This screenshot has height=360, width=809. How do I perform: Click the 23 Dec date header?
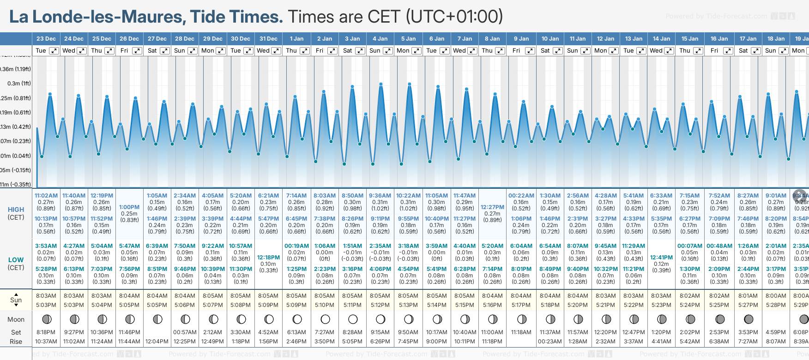(46, 39)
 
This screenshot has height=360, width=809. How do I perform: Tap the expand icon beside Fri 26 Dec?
(137, 51)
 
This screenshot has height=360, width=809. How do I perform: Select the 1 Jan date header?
(296, 39)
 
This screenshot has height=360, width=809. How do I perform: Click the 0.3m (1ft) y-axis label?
(19, 84)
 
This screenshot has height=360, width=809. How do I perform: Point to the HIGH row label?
(16, 210)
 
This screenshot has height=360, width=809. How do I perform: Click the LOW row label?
(16, 260)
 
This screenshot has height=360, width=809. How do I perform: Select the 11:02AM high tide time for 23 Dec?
(46, 196)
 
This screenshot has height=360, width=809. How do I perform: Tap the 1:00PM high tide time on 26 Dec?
(129, 207)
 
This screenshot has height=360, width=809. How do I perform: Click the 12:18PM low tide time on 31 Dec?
(268, 258)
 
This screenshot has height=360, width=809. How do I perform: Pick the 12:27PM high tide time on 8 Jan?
(492, 207)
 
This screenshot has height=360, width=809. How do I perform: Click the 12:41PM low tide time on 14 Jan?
(661, 258)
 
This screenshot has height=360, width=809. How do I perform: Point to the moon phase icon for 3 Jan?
(353, 319)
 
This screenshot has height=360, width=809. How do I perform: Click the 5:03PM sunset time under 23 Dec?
(46, 305)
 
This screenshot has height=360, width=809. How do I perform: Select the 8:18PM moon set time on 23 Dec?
(46, 332)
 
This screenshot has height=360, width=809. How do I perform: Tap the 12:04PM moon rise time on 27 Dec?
(157, 342)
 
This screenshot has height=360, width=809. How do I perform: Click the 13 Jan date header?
(634, 39)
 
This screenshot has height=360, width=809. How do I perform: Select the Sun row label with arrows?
(16, 300)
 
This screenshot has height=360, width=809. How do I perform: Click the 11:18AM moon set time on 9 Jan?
(521, 332)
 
